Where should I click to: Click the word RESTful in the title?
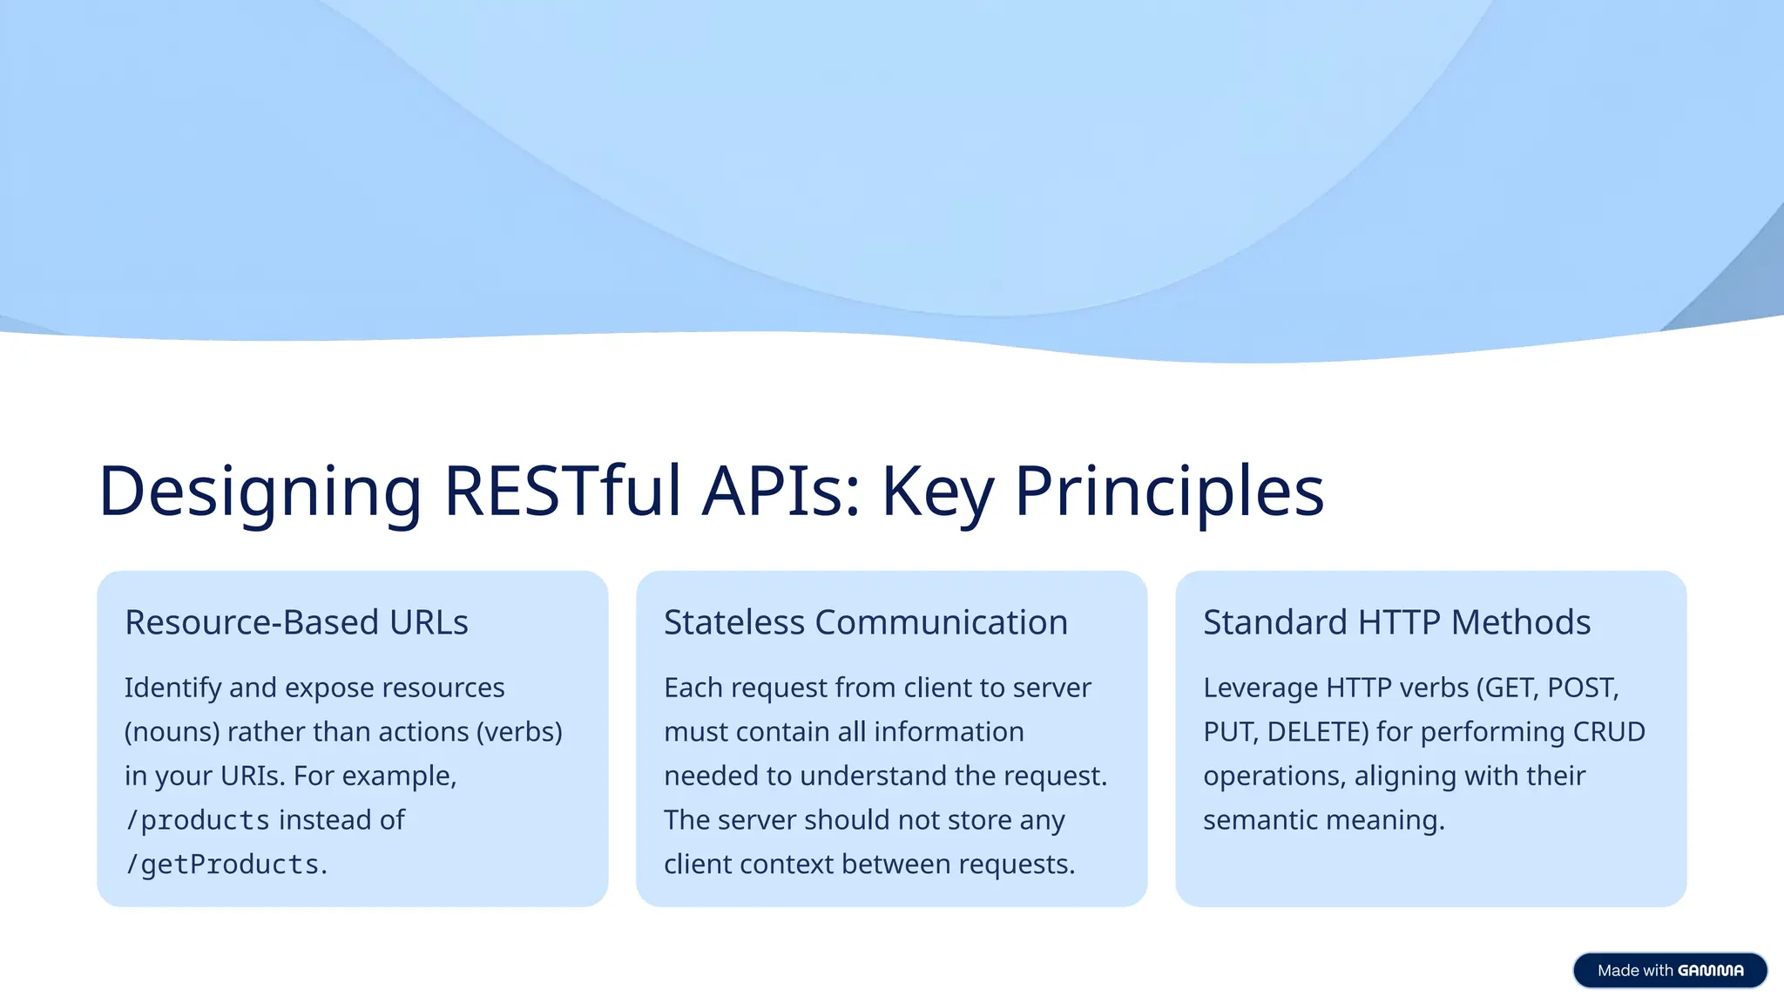[562, 491]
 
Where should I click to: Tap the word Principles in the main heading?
[1169, 491]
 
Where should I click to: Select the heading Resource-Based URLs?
[296, 622]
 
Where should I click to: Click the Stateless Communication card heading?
[865, 622]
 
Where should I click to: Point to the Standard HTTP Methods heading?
[1396, 622]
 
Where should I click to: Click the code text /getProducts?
[222, 865]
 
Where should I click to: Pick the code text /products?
[198, 820]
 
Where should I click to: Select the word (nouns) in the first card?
[172, 732]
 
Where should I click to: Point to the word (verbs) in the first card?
[519, 732]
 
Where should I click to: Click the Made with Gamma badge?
[1669, 970]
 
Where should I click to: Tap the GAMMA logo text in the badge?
[1710, 970]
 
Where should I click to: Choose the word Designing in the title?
[260, 491]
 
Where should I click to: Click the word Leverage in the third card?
[1260, 689]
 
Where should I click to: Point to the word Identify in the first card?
[172, 689]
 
